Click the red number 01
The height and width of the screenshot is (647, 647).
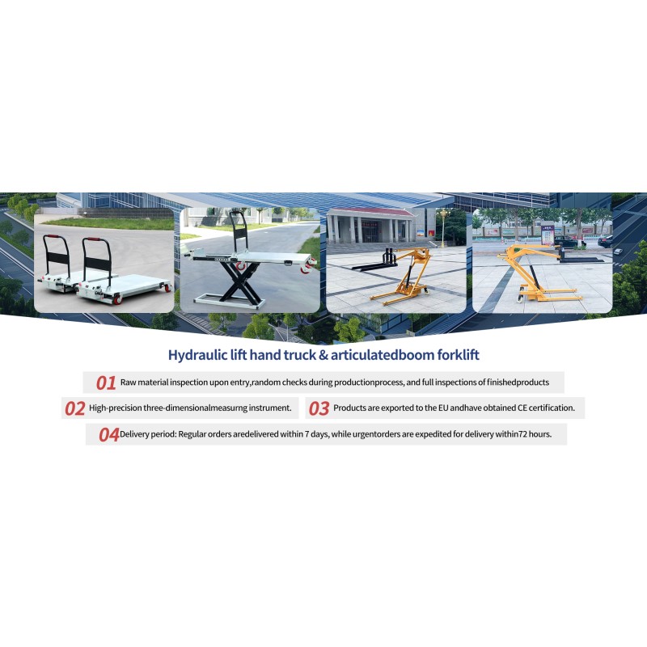pos(106,383)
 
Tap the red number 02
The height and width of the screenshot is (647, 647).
pos(74,408)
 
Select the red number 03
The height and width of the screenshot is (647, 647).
pos(319,408)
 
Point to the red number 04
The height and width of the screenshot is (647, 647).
pos(108,434)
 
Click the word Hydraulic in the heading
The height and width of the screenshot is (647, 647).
pos(197,354)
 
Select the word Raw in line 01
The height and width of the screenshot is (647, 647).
pos(129,381)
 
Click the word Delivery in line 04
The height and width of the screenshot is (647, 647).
pos(138,434)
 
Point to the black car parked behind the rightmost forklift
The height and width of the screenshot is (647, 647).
pos(604,241)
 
